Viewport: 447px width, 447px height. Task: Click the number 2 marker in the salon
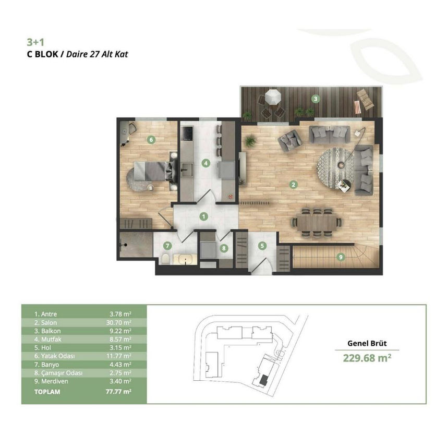[x=293, y=185]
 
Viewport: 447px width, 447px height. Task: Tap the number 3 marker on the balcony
[x=315, y=99]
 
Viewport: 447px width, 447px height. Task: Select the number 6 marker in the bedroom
[x=151, y=140]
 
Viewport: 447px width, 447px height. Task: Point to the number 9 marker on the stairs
[x=341, y=257]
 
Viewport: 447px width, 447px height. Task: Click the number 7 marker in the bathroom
[x=167, y=246]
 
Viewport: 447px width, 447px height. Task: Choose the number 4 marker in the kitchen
[x=206, y=163]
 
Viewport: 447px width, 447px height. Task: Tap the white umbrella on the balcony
[x=273, y=97]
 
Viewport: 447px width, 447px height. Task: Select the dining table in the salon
[x=317, y=222]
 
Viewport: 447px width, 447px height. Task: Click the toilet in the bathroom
[x=165, y=259]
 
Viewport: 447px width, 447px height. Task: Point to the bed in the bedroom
[x=152, y=171]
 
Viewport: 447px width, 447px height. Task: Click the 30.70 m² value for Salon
[x=118, y=323]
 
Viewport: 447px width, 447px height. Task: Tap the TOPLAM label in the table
[x=47, y=392]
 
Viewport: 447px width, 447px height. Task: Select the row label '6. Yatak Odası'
[x=54, y=356]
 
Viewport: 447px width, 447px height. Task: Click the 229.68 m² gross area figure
[x=367, y=358]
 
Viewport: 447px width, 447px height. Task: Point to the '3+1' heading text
[x=35, y=42]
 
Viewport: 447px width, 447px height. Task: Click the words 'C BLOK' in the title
[x=42, y=54]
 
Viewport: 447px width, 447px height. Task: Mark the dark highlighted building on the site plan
[x=263, y=380]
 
